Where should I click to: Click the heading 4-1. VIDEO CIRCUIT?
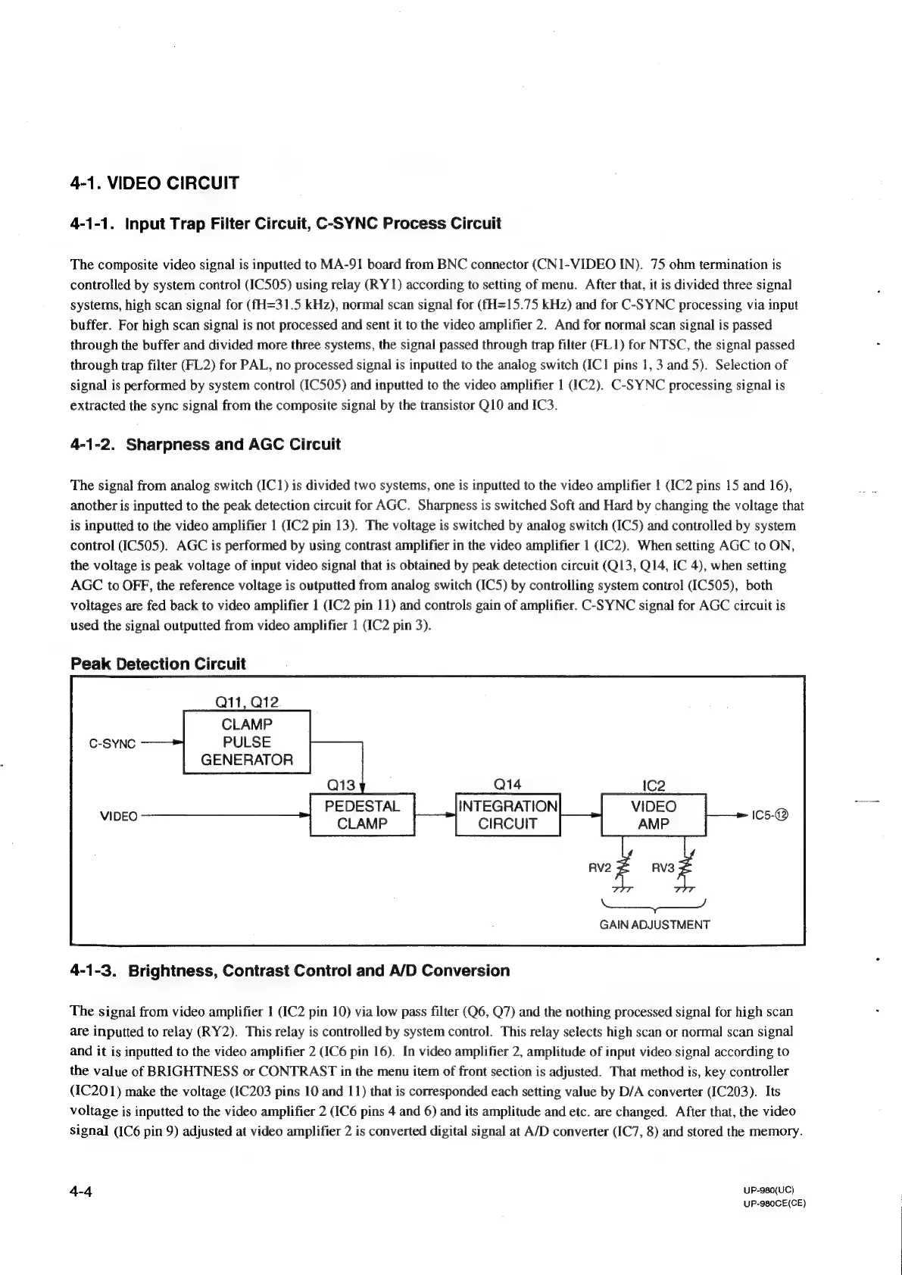[154, 183]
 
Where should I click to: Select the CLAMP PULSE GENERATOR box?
[247, 742]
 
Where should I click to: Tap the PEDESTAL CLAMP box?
[362, 814]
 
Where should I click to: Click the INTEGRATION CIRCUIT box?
[507, 814]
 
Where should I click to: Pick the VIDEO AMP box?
[653, 814]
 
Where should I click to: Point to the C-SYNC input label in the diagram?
[112, 744]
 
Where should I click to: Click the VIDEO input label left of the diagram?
[119, 816]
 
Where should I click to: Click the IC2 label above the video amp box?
[653, 785]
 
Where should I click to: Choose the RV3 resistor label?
[662, 867]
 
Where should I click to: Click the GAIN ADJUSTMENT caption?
[654, 924]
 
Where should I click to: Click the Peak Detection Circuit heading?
[158, 664]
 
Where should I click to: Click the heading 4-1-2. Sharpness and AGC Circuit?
[204, 444]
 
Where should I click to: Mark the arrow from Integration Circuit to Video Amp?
[580, 815]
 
